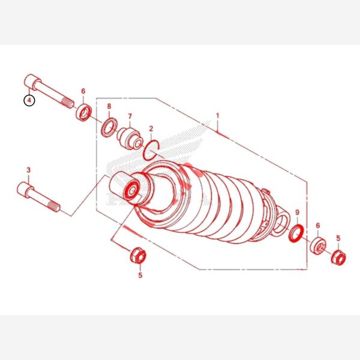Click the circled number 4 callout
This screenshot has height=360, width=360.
tap(29, 100)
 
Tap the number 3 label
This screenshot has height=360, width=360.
tap(28, 170)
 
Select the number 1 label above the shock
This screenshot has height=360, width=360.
tap(217, 116)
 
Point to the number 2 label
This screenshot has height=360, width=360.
tap(151, 128)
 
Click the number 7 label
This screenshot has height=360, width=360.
tap(130, 116)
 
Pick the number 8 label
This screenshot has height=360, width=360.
tap(109, 106)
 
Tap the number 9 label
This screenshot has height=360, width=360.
tap(298, 212)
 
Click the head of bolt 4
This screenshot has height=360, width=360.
tap(31, 81)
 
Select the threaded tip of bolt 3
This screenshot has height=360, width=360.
tap(55, 206)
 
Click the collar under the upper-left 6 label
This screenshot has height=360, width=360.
tap(84, 112)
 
